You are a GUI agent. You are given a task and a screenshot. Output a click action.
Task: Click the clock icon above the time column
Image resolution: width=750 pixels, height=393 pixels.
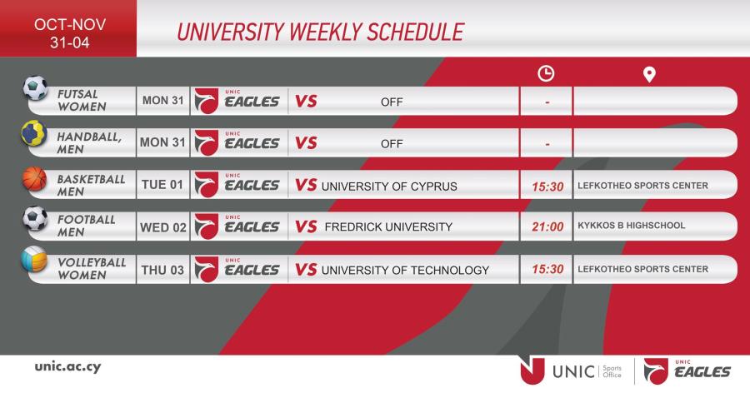tap(546, 73)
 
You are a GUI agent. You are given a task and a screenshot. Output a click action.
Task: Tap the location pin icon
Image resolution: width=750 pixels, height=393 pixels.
tap(649, 75)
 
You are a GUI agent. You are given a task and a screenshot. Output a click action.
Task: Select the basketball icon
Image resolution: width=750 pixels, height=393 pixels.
tap(35, 178)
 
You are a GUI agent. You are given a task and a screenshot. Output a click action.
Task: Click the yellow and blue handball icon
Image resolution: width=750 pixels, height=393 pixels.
tap(34, 133)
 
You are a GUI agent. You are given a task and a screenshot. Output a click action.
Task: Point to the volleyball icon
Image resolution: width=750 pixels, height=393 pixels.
tap(34, 259)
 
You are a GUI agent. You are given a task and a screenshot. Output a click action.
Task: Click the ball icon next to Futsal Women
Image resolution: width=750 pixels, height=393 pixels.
tap(35, 88)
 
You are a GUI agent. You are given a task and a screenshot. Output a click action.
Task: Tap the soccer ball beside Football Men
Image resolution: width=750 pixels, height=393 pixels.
tap(35, 218)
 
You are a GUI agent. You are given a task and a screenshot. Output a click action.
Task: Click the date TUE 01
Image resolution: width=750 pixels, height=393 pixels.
tap(162, 185)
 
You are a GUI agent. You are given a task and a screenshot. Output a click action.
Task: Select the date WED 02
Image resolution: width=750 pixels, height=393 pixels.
tap(163, 227)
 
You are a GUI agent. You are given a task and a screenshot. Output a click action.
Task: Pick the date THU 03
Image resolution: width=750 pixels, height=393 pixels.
tap(162, 270)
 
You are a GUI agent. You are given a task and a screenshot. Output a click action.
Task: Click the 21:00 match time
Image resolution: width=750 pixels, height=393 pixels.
tap(547, 226)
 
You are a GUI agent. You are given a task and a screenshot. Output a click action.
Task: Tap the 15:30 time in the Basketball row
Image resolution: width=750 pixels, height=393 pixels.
tap(547, 187)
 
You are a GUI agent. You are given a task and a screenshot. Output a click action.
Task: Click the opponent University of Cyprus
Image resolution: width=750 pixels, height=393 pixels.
tap(389, 187)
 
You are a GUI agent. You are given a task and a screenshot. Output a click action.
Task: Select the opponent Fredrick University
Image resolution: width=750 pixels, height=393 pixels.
tap(388, 226)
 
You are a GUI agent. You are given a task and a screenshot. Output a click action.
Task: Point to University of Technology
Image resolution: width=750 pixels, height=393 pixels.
tap(405, 270)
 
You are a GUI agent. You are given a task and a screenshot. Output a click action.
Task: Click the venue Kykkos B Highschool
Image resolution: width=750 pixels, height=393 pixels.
tap(632, 225)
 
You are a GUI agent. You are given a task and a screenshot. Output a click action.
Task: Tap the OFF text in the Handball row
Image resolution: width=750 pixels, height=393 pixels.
tap(392, 144)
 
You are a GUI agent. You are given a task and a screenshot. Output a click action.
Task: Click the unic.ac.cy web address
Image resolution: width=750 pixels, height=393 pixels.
tap(68, 366)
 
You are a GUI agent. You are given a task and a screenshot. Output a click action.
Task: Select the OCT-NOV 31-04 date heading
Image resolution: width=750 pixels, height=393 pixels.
tap(70, 33)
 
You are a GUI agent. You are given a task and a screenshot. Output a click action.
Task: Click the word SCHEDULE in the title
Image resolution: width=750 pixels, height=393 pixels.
tap(415, 32)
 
